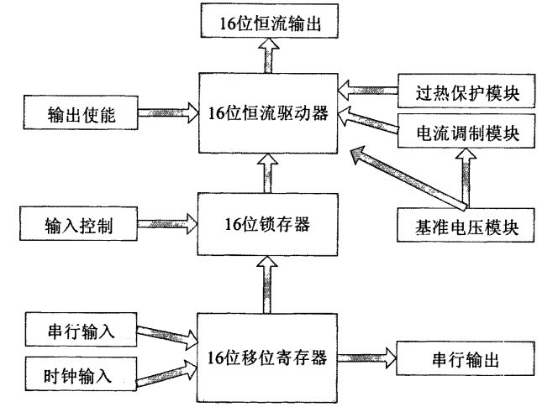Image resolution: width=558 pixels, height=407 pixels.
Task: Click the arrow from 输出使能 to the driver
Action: coord(165,112)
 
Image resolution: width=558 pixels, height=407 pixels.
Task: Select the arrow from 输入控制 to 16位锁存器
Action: coord(165,225)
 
